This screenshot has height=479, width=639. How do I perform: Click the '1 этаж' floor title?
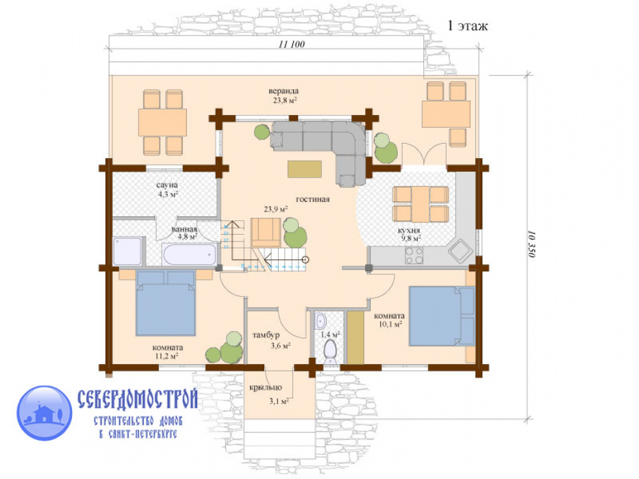[x=467, y=26]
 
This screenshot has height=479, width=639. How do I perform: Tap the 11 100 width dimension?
[x=291, y=44]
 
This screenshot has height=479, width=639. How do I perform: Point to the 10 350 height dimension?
[x=531, y=244]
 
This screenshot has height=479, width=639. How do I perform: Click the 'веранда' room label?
[x=284, y=91]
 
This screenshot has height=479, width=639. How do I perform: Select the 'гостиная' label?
[x=312, y=199]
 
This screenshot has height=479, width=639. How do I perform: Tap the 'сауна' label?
[x=167, y=185]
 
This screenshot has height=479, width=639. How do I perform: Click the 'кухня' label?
[x=409, y=231]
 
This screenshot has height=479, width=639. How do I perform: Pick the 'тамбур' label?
[x=266, y=335]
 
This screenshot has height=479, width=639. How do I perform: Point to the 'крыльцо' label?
[x=266, y=387]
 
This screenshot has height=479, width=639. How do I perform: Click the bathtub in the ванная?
[x=189, y=254]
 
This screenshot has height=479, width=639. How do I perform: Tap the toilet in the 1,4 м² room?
[x=330, y=351]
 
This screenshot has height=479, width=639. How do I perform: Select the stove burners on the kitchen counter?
[x=414, y=255]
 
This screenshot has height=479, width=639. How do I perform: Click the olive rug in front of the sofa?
[x=304, y=169]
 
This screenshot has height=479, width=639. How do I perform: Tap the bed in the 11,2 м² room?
[x=166, y=303]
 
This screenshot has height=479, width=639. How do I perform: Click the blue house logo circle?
[x=45, y=413]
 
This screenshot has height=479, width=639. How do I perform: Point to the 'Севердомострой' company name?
[x=138, y=399]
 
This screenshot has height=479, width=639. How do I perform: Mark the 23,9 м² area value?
[x=276, y=209]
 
